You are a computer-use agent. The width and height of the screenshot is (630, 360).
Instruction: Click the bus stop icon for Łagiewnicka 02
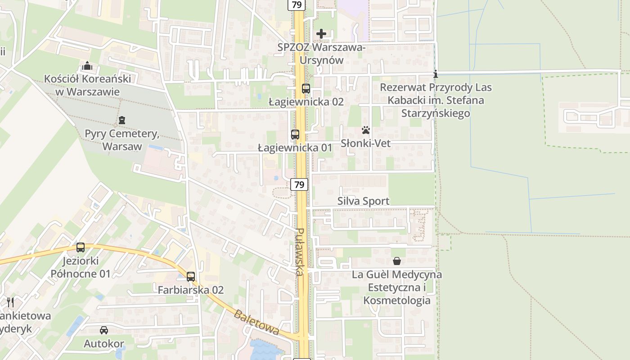coord(306,89)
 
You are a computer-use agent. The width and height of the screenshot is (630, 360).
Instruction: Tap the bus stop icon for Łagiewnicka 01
coord(295,135)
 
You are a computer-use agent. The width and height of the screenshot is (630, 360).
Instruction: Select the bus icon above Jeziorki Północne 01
coord(81,247)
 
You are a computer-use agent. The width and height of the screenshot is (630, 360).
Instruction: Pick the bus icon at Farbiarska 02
coord(191,277)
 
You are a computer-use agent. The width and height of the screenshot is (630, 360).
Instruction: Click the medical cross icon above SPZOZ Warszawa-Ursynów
coord(321,34)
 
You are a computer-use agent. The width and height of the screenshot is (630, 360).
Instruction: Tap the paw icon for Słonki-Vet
coord(366,130)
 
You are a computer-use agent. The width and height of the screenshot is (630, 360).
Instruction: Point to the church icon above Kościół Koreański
coord(87,67)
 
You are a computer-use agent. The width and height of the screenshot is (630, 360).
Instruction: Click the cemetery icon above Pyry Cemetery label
coord(121,120)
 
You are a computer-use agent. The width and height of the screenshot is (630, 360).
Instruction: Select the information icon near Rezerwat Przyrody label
coord(435,74)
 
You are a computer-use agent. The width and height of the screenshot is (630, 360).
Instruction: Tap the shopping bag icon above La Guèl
coord(397,261)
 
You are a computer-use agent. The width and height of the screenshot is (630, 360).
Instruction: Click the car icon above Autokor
coord(104,330)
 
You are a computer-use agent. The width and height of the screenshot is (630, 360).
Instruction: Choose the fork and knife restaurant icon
coord(10,302)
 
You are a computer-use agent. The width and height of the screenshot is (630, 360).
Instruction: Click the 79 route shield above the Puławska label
coord(299,184)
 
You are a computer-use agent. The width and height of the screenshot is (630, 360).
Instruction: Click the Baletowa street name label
coord(256,322)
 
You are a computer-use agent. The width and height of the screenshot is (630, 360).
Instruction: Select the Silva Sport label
coord(363,201)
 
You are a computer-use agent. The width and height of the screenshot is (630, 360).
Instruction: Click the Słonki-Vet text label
coord(365,144)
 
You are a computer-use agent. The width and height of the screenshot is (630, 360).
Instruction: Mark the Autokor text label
coord(104,344)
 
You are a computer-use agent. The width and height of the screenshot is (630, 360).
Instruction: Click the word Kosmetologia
coord(397,300)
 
